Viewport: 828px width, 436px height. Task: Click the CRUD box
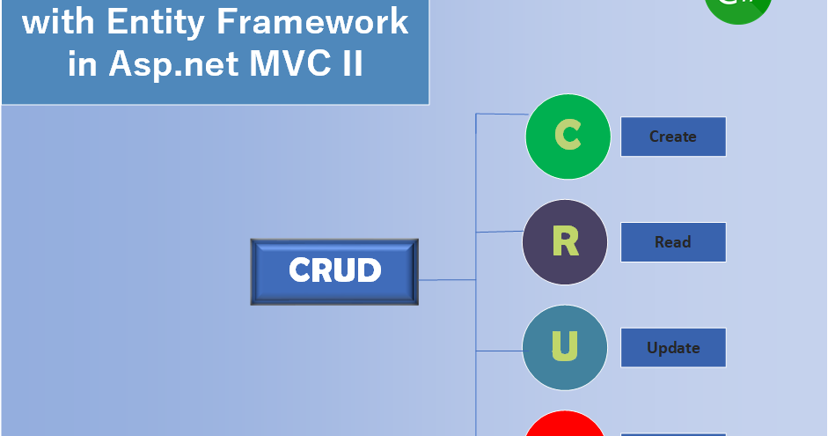tap(334, 271)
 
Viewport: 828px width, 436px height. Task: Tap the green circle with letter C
tap(568, 137)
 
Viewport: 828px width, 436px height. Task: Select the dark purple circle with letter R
tap(565, 242)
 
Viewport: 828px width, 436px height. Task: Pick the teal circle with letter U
tap(565, 347)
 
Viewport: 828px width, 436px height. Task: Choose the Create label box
tap(673, 137)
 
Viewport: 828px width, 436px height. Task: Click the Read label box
tap(673, 242)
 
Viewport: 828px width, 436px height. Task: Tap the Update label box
tap(673, 348)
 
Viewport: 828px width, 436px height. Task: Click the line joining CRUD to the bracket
tap(447, 280)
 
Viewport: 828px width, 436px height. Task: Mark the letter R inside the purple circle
tap(565, 242)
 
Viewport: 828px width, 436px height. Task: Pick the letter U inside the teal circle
tap(564, 347)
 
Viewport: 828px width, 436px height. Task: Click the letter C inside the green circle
tap(568, 137)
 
